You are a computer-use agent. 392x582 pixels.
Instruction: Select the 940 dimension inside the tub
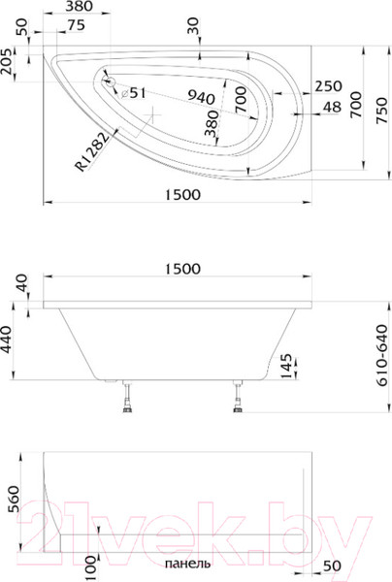pyautogui.click(x=200, y=96)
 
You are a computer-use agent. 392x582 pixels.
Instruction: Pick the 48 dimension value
pyautogui.click(x=331, y=108)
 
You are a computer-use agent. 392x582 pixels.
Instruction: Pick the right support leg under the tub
pyautogui.click(x=239, y=401)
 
